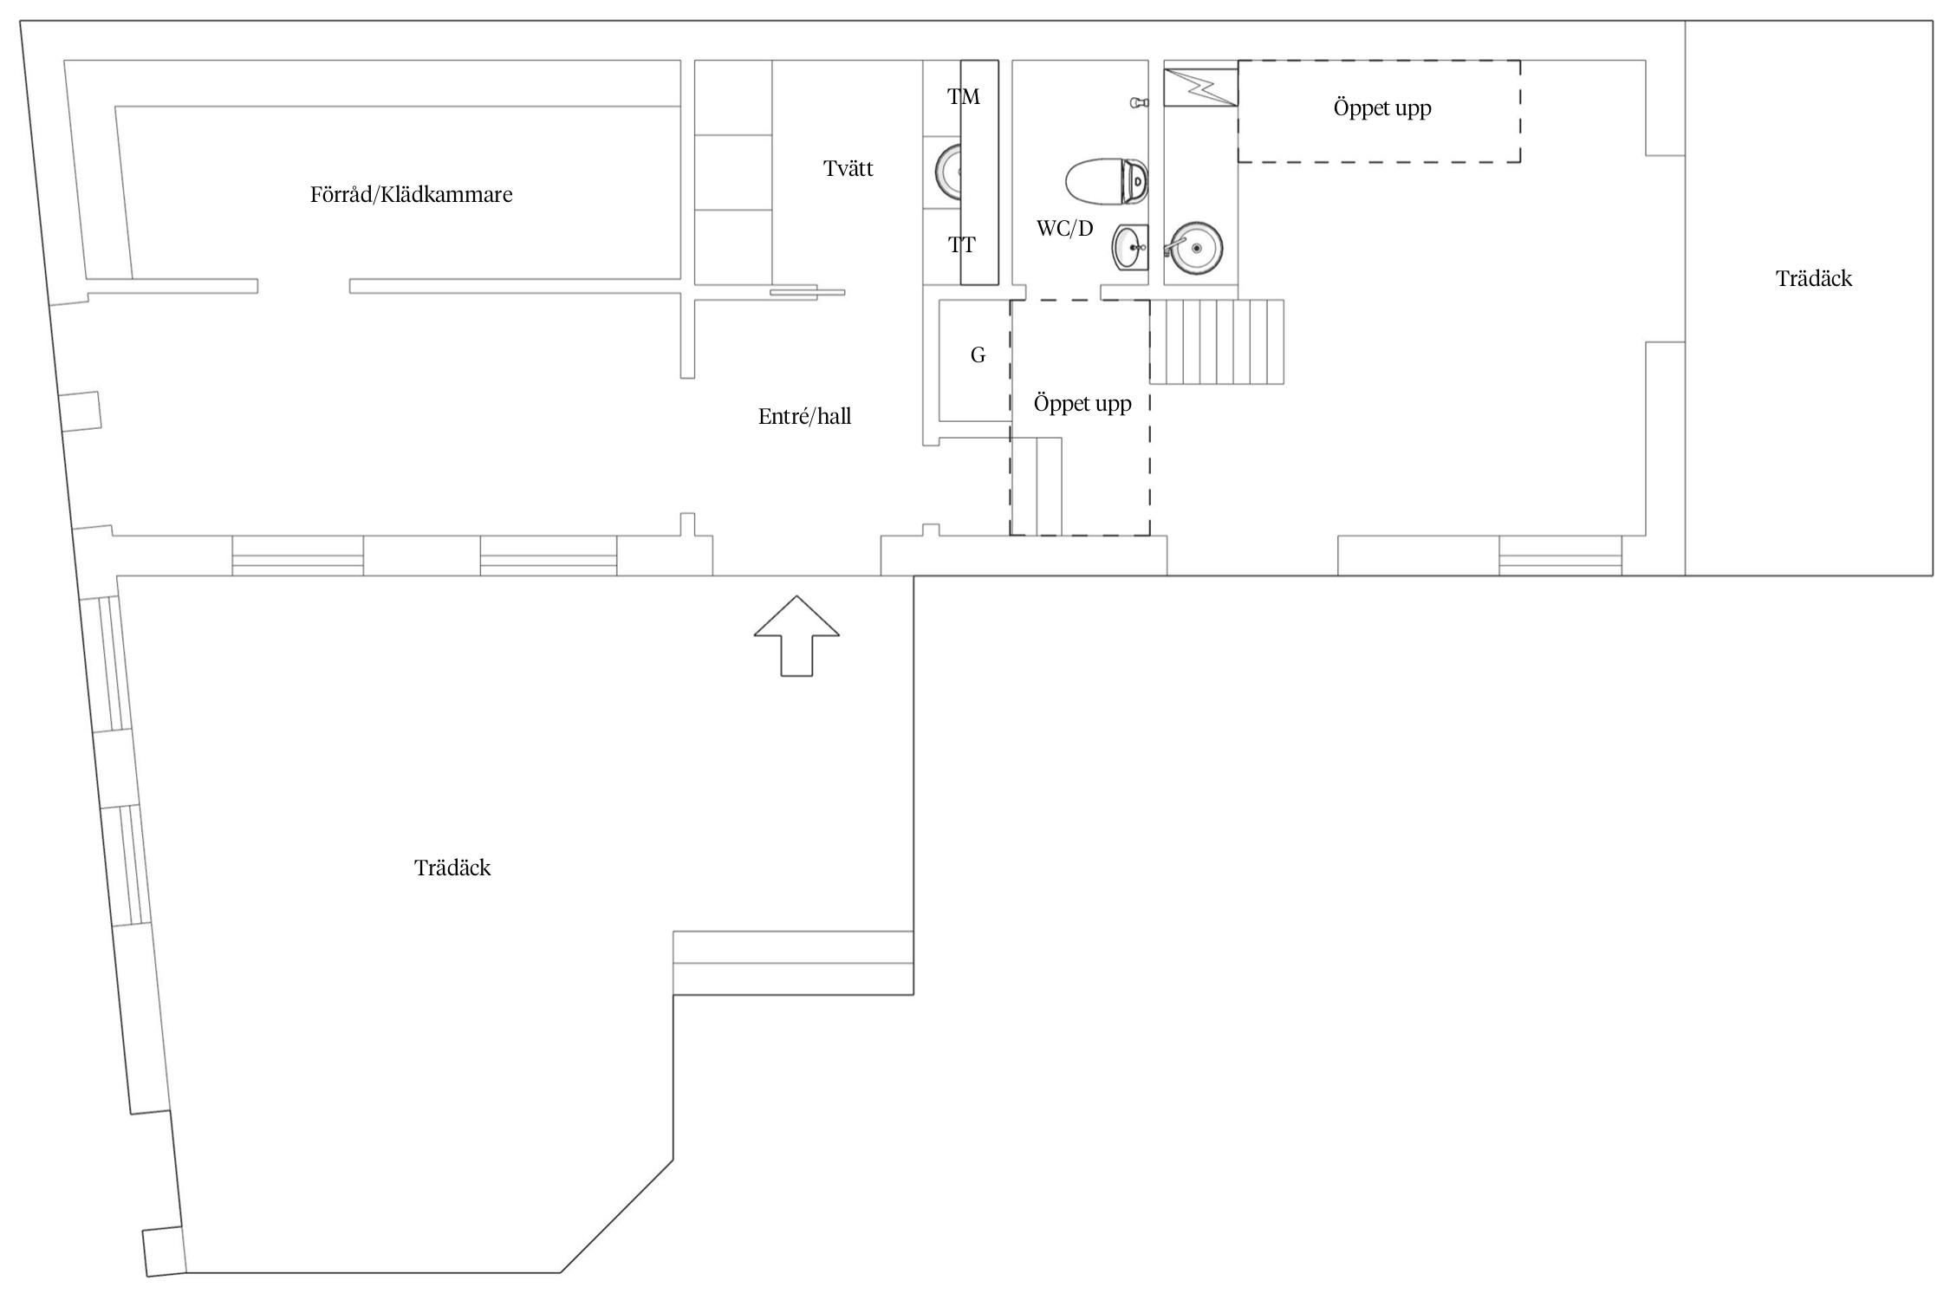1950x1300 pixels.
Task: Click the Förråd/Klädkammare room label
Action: [411, 194]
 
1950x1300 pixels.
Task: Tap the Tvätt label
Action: [848, 168]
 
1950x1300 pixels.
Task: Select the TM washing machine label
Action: [963, 97]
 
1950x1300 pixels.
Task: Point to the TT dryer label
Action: [961, 245]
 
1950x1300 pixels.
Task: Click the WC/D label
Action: [1064, 229]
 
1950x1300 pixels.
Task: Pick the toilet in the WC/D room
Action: [1107, 181]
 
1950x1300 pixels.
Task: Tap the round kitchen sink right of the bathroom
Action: [1193, 248]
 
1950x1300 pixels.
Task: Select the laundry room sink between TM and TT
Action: [948, 172]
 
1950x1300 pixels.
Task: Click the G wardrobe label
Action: [978, 354]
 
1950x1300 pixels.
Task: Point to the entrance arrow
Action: [796, 635]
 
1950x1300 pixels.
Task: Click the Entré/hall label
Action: [804, 417]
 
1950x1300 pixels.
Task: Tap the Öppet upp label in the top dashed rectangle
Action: [1382, 108]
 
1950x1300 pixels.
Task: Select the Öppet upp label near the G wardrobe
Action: [1082, 404]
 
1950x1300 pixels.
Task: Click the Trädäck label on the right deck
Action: [1814, 278]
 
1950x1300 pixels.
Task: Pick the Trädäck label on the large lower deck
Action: [452, 868]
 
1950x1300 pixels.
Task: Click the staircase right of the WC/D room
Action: [1217, 341]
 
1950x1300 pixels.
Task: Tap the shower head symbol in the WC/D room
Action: [1139, 103]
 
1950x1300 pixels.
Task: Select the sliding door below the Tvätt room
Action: [807, 292]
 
